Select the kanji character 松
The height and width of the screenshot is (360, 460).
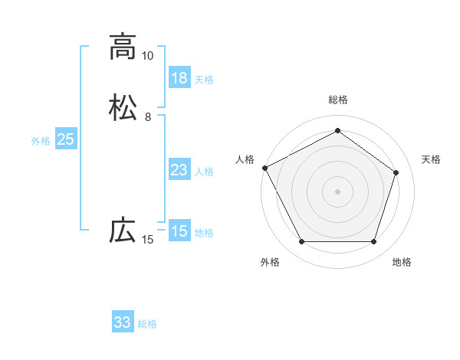point(123,106)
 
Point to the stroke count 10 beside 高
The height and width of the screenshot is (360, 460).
point(147,56)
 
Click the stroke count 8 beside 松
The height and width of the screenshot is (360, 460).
point(147,117)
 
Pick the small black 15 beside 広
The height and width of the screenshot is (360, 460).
point(147,241)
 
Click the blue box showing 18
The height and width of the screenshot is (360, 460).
point(179,78)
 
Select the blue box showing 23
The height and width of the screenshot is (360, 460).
point(179,171)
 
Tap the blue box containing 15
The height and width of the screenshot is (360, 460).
point(179,232)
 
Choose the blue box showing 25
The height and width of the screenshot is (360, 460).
point(65,140)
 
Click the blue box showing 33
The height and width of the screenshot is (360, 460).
point(123,322)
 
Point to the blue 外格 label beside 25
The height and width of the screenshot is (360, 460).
point(41,141)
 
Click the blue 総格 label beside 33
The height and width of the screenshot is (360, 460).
point(147,324)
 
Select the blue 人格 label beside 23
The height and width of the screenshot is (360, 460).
point(204,172)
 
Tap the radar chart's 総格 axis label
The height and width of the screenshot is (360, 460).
point(338,100)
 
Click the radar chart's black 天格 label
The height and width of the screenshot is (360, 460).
point(431,159)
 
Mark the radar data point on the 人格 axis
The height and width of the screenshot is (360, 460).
point(264,168)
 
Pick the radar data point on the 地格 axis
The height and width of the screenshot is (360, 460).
point(373,241)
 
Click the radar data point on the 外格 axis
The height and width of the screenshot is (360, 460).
point(301,241)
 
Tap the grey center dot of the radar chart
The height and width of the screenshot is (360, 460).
point(337,191)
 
